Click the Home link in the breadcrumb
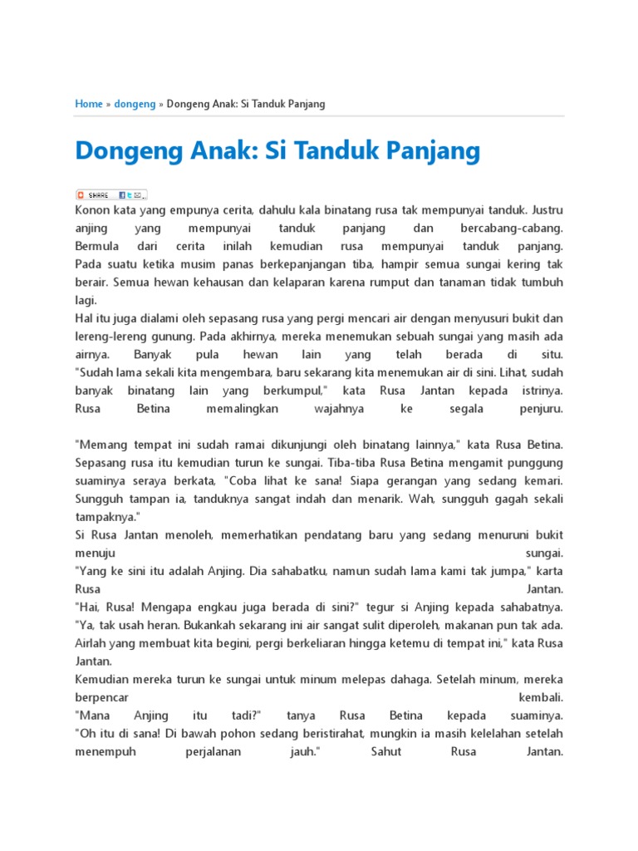pyautogui.click(x=88, y=104)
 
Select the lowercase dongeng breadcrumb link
pyautogui.click(x=135, y=104)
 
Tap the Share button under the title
pyautogui.click(x=111, y=194)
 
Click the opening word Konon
pyautogui.click(x=93, y=210)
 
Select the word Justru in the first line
pyautogui.click(x=547, y=210)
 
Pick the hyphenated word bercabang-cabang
pyautogui.click(x=511, y=228)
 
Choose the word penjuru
pyautogui.click(x=542, y=409)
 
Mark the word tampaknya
pyautogui.click(x=106, y=516)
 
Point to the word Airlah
pyautogui.click(x=92, y=642)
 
